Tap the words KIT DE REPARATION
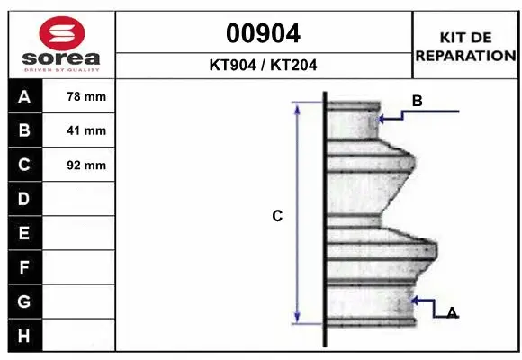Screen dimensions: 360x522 (x=464, y=46)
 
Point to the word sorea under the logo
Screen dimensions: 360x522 (x=61, y=58)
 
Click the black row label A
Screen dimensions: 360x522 (x=24, y=96)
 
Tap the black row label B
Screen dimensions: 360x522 (x=24, y=130)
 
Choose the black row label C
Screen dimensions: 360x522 (x=24, y=165)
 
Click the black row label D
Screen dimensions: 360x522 (x=24, y=198)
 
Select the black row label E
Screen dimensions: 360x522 (x=24, y=233)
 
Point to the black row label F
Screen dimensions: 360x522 (x=24, y=267)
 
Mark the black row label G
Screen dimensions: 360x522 (x=24, y=301)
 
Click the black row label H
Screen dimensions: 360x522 (x=24, y=336)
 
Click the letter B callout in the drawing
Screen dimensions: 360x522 (x=417, y=102)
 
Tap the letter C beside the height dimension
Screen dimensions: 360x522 (x=277, y=216)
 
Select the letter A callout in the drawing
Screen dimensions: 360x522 (x=452, y=312)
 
